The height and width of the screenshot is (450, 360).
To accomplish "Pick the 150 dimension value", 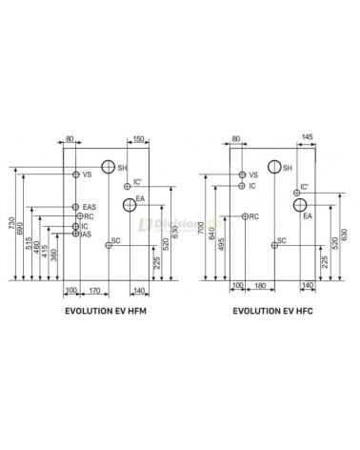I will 138,139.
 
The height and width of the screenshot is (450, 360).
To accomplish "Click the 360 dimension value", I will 54,256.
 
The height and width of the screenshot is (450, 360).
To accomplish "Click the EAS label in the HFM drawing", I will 89,207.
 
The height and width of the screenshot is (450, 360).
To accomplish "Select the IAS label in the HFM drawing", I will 86,235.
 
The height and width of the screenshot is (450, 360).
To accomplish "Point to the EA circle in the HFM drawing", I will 130,204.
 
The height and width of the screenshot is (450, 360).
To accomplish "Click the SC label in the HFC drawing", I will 283,241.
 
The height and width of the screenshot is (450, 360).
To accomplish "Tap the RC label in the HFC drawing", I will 253,217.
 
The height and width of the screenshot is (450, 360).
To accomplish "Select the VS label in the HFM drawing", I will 87,174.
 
